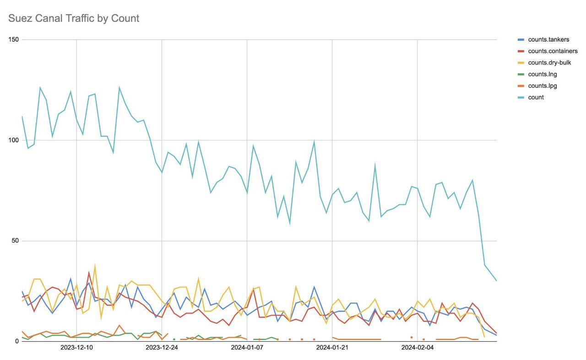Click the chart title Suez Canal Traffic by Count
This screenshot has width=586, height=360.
(74, 18)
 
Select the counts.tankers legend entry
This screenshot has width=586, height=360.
(548, 40)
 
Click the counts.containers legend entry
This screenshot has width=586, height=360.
(553, 51)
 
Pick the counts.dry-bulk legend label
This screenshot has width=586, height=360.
(549, 63)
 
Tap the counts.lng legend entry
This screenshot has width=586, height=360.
(542, 74)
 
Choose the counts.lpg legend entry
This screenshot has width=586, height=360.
(542, 86)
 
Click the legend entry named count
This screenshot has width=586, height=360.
(536, 97)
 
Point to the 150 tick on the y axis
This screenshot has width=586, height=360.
(14, 39)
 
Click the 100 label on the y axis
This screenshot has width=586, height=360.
(14, 140)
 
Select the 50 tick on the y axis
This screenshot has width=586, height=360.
(15, 241)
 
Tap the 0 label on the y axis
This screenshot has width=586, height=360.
(17, 341)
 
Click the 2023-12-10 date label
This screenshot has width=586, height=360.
(76, 348)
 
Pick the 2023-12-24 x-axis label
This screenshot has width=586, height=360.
(162, 348)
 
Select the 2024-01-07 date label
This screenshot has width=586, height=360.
(247, 348)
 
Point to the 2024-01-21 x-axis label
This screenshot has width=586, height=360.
(332, 348)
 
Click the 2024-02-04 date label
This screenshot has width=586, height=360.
(417, 348)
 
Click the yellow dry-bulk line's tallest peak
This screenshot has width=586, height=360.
(95, 265)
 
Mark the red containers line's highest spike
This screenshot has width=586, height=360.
(89, 273)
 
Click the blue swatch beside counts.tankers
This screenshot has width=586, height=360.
(521, 40)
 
